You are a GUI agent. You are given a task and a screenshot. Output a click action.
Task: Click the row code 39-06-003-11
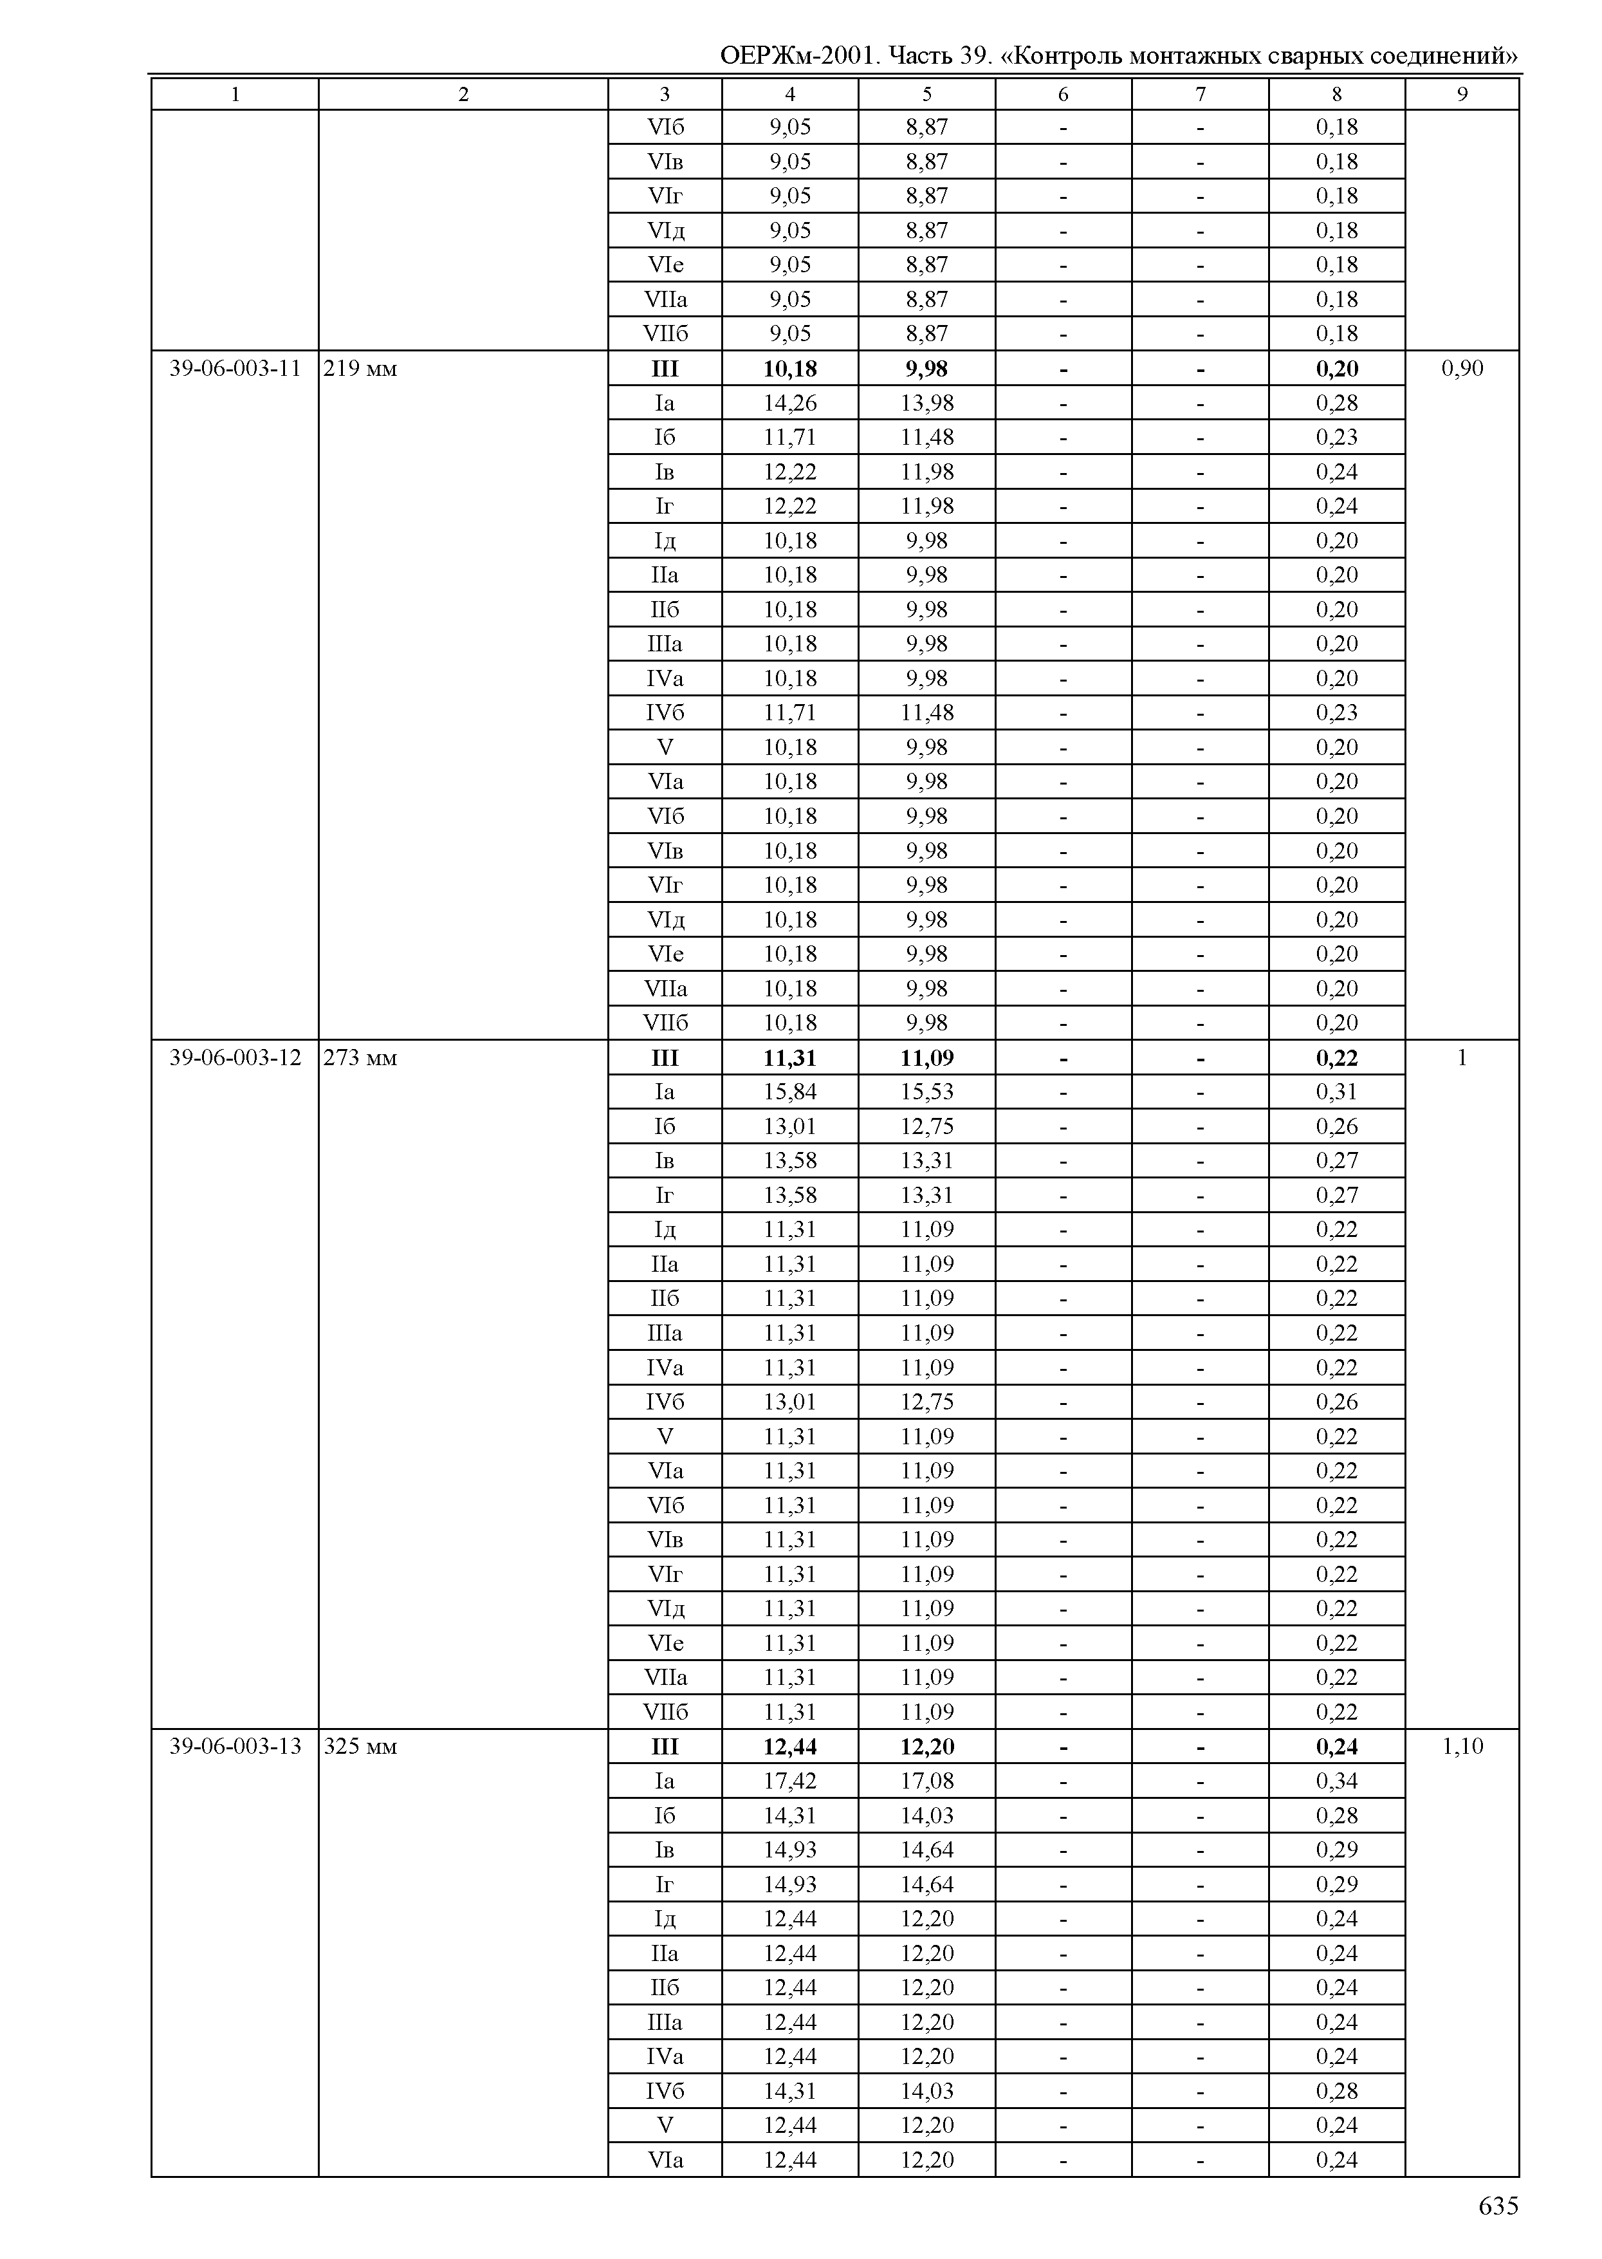click(x=235, y=369)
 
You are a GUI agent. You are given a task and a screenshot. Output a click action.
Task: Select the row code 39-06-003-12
click(x=235, y=1058)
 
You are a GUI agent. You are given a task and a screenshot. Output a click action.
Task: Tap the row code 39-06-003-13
click(x=235, y=1747)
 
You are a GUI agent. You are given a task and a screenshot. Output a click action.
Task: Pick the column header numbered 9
click(x=1462, y=95)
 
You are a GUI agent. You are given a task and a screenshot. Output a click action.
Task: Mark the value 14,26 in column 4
click(x=789, y=403)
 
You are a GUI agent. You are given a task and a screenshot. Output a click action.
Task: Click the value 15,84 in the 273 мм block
click(x=789, y=1092)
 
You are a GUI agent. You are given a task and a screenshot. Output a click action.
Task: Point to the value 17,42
click(x=789, y=1781)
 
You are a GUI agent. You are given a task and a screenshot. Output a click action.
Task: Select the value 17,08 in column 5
click(x=926, y=1781)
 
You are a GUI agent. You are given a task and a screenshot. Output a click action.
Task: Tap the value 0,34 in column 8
click(x=1337, y=1781)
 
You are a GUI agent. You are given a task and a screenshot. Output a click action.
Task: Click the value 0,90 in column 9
click(x=1462, y=369)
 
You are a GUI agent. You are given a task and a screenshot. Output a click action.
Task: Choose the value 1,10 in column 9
click(x=1462, y=1747)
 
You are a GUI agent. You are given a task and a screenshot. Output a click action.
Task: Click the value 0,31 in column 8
click(x=1337, y=1092)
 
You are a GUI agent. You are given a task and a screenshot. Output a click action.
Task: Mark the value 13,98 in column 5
click(x=926, y=403)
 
